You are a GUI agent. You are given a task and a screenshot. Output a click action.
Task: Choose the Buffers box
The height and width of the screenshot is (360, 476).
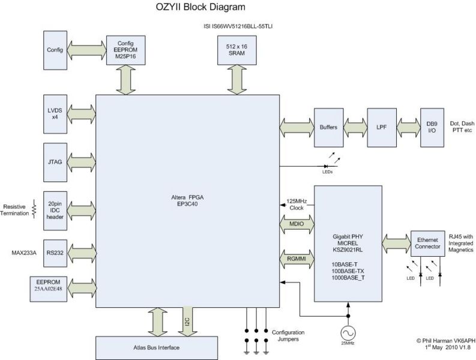tap(328, 128)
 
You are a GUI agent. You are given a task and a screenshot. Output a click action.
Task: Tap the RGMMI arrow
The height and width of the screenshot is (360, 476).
tap(295, 258)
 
